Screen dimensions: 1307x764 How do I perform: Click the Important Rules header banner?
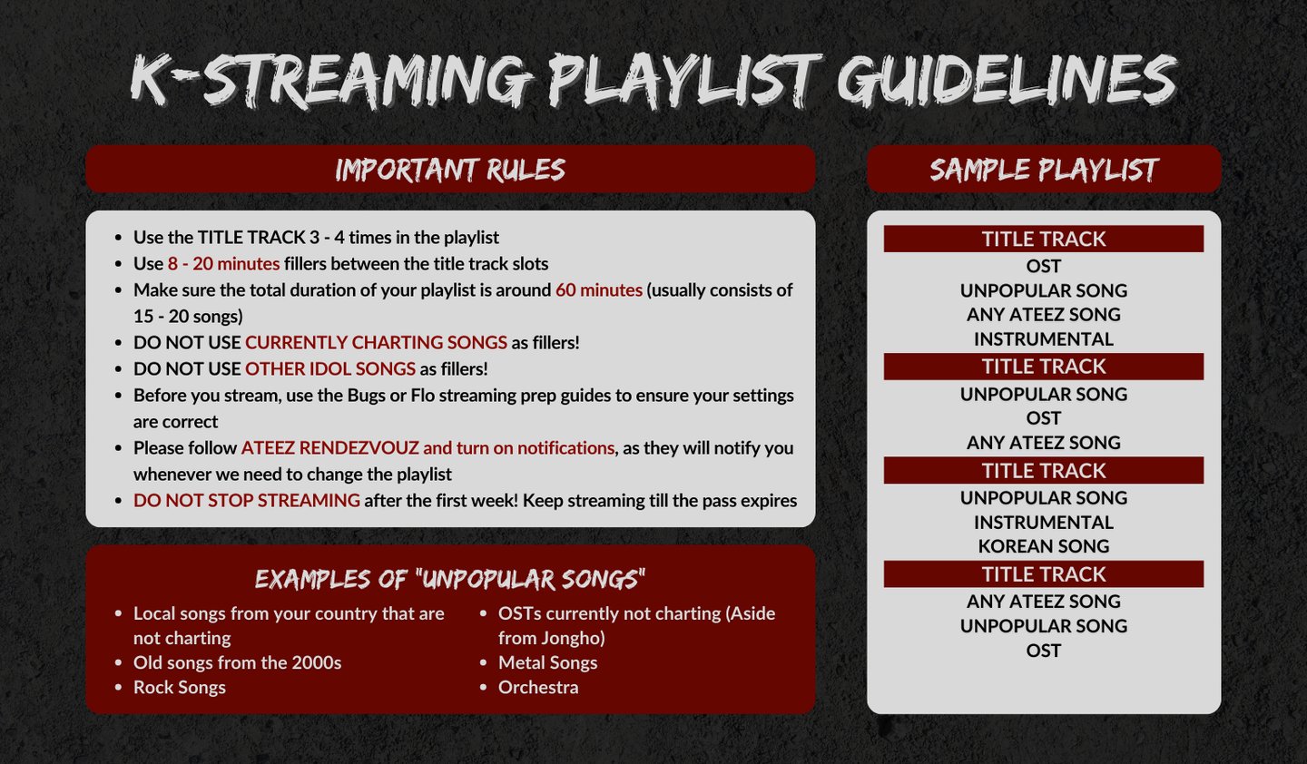tap(450, 169)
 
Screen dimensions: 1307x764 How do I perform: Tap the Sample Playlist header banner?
tap(1044, 169)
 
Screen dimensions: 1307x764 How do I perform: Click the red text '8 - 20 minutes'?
tap(223, 264)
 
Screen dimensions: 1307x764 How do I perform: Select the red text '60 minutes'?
tap(599, 289)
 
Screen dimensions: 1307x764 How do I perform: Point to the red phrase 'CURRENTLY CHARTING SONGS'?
tap(376, 342)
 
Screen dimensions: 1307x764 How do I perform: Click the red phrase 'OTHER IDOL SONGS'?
tap(330, 368)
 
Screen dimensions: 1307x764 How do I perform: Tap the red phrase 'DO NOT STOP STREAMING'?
tap(246, 500)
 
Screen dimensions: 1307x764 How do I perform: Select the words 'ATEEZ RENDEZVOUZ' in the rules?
tap(329, 448)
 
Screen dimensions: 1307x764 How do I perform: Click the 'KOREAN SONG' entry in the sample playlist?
tap(1044, 546)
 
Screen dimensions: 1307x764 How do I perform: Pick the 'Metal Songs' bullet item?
tap(548, 662)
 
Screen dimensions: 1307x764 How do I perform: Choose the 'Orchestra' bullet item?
tap(538, 687)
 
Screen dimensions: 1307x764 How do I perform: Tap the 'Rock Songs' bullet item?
tap(179, 687)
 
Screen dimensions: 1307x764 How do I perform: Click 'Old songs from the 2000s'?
tap(238, 662)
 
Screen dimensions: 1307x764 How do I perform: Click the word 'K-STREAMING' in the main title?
tap(330, 81)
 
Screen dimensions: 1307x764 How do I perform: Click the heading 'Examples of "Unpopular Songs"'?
tap(450, 579)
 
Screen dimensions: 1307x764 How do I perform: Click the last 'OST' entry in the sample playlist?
tap(1044, 651)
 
